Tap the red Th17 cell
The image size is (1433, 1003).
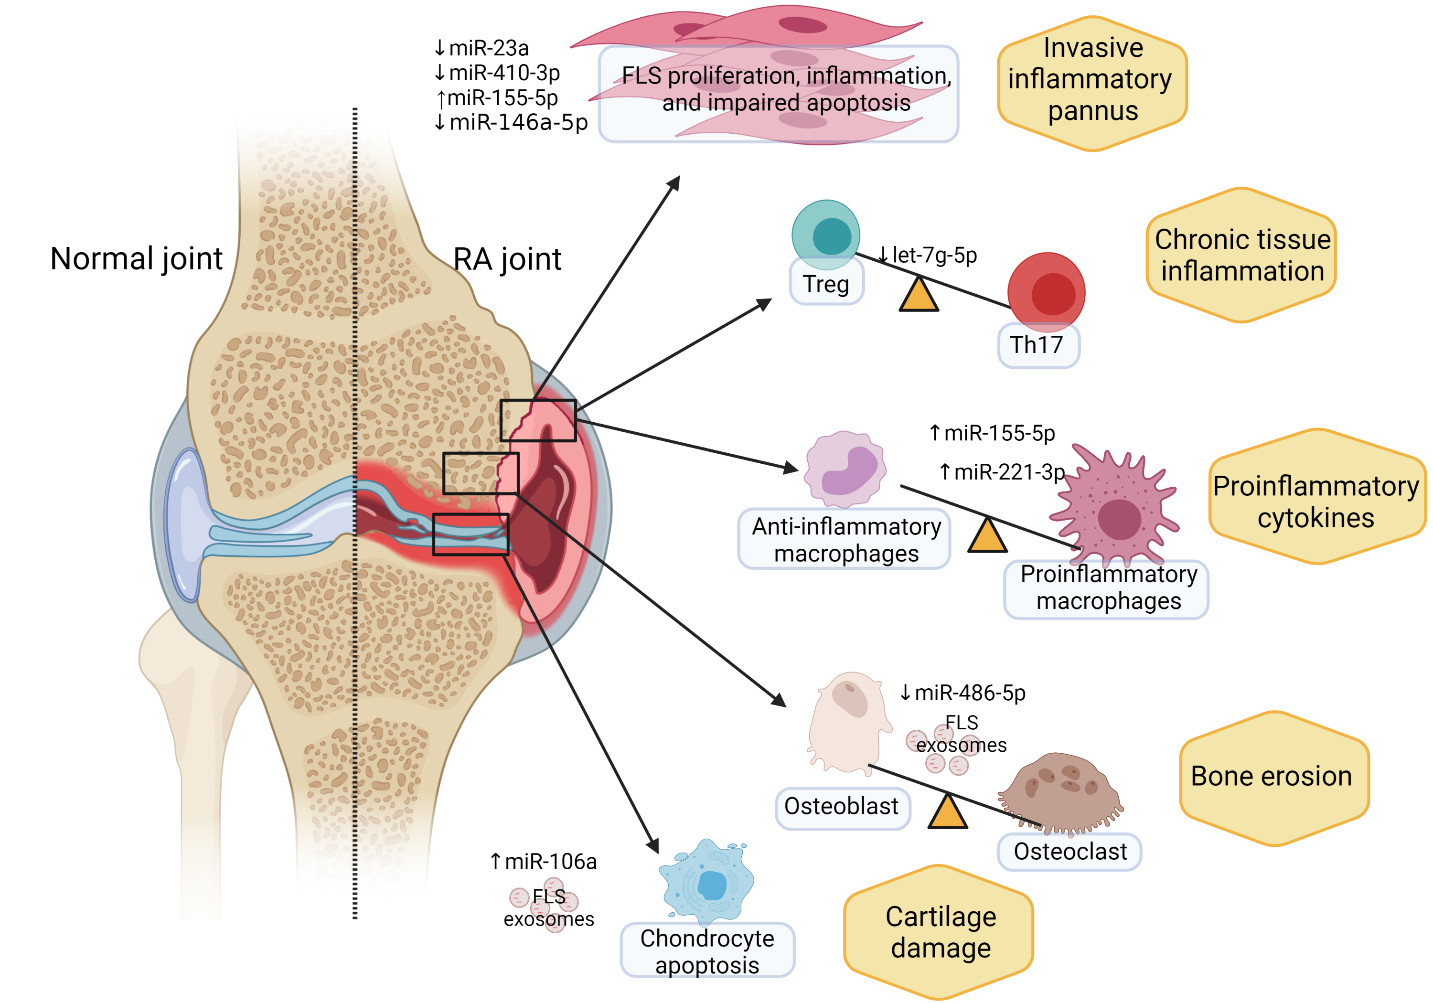pos(1047,291)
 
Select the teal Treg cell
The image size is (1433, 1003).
pos(826,234)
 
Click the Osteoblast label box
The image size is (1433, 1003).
pos(842,806)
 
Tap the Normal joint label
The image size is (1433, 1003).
pos(136,258)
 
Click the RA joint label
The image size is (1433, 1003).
pos(507,259)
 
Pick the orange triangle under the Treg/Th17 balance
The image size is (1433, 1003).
pos(919,296)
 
